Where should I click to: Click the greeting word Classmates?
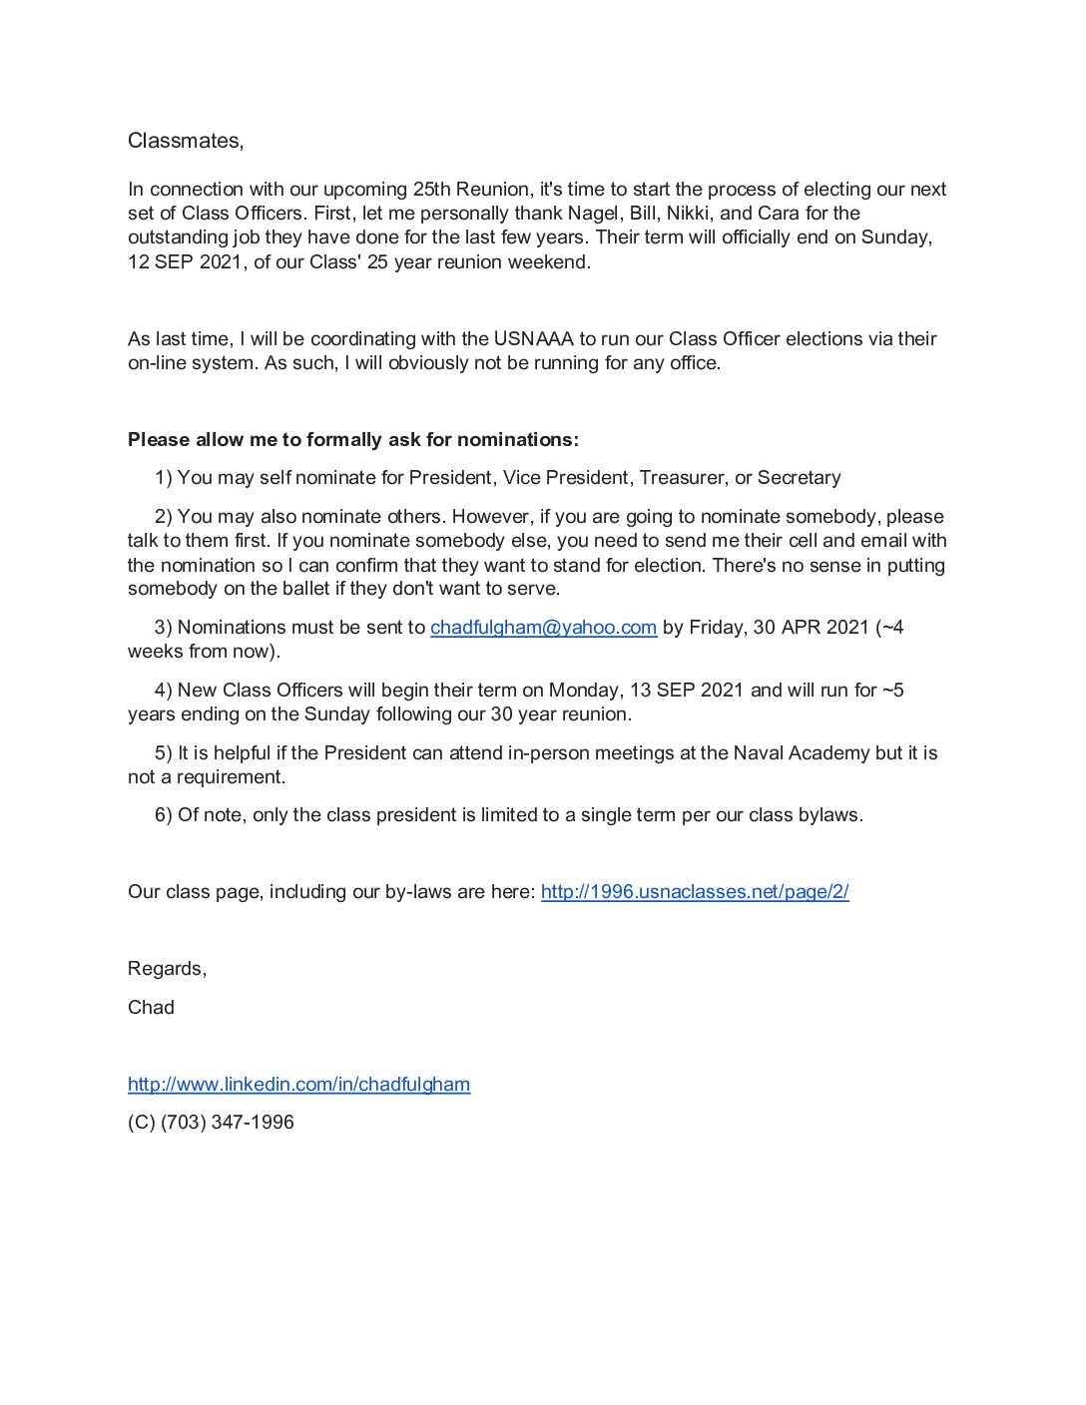(x=184, y=141)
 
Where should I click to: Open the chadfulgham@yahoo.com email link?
(x=543, y=628)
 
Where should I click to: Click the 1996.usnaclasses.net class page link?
(x=695, y=892)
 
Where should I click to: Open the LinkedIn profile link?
(x=298, y=1085)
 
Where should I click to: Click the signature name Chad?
(x=151, y=1008)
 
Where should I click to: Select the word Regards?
(x=166, y=969)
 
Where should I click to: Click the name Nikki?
(x=688, y=214)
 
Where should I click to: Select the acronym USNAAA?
(x=533, y=339)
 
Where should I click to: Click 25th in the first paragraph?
(x=432, y=190)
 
